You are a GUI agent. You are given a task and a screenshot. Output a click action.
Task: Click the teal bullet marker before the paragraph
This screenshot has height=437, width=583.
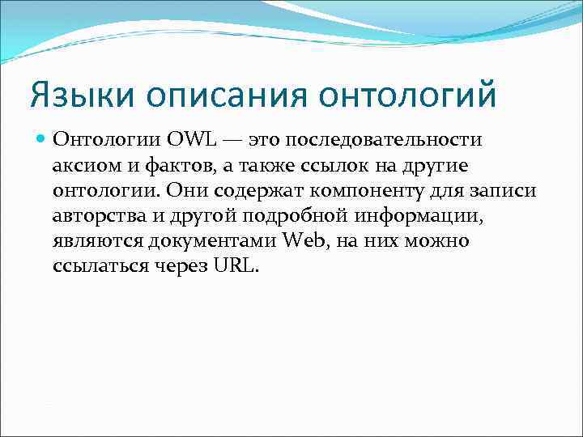click(x=40, y=141)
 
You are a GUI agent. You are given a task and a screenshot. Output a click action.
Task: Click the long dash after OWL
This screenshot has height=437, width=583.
click(x=232, y=141)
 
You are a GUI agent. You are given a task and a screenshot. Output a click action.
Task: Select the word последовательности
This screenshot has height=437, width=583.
click(x=385, y=141)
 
